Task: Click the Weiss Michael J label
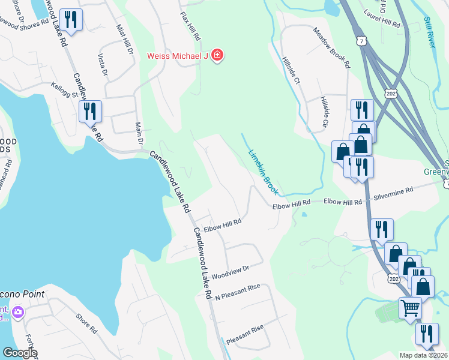coord(177,56)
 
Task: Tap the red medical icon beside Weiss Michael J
coord(216,56)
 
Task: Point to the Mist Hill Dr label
coord(125,39)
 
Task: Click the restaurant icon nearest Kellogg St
coord(90,111)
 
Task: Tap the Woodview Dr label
coord(231,271)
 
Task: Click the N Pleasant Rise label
coord(238,290)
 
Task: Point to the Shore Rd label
coord(86,323)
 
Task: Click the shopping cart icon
coord(410,308)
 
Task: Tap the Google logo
coord(20,353)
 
